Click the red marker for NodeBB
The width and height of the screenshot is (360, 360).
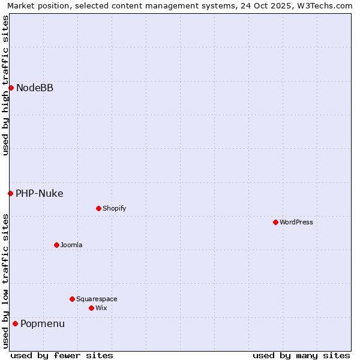[x=11, y=88]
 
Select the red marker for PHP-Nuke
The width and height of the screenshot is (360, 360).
[x=10, y=193]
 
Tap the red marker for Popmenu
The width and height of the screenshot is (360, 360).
[x=15, y=324]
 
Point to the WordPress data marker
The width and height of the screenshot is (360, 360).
[x=275, y=222]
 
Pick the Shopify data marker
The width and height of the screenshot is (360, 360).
[x=98, y=208]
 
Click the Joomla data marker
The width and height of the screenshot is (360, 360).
[x=56, y=245]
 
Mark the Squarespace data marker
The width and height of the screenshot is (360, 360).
[x=72, y=299]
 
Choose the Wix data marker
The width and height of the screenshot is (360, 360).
[x=91, y=308]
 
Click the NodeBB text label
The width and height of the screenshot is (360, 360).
[x=35, y=88]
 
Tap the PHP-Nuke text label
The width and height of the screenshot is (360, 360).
[x=40, y=193]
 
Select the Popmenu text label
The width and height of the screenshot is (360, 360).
[x=43, y=324]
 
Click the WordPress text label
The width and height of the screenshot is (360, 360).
[x=296, y=222]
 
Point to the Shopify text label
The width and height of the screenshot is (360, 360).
[x=115, y=208]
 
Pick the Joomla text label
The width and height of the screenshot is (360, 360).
[x=71, y=245]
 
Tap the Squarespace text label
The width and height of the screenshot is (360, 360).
[x=97, y=299]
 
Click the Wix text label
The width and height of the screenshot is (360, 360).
[x=101, y=308]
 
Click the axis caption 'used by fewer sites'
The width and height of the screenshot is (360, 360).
[x=62, y=355]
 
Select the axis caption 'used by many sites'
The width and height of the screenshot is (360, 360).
[x=301, y=355]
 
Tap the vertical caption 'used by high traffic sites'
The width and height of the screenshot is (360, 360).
[x=5, y=85]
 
